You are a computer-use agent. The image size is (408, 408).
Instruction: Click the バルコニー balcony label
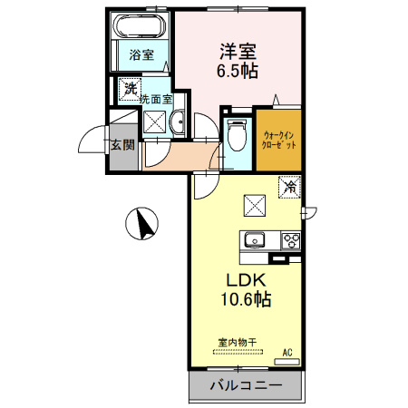[x=246, y=385]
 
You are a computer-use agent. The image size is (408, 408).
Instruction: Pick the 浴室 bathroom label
[x=141, y=54]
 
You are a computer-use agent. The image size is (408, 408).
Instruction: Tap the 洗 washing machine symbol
[x=130, y=89]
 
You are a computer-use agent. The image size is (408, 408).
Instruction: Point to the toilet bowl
[x=238, y=136]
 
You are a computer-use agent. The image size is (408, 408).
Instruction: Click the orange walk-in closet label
[x=279, y=140]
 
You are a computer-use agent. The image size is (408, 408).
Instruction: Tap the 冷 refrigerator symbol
[x=290, y=187]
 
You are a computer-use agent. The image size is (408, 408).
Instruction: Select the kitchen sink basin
[x=253, y=241]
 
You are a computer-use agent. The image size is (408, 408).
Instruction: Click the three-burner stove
[x=291, y=241]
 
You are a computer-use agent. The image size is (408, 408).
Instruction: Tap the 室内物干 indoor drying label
[x=237, y=342]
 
